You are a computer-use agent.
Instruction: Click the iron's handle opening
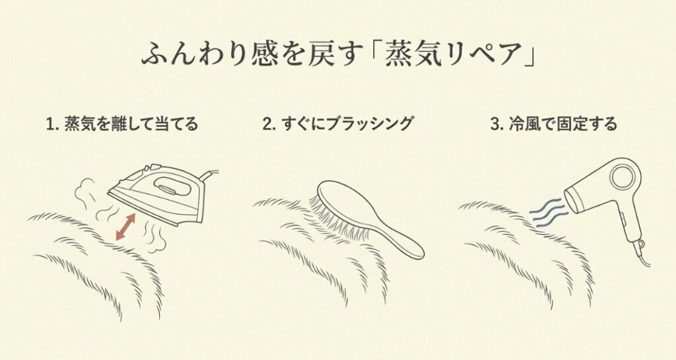(170, 187)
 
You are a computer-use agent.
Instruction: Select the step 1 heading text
(122, 124)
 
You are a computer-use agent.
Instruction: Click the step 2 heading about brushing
(337, 124)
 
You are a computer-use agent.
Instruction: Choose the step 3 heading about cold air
(554, 124)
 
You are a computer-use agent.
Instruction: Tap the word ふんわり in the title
(195, 55)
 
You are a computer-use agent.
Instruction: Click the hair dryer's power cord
(642, 254)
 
